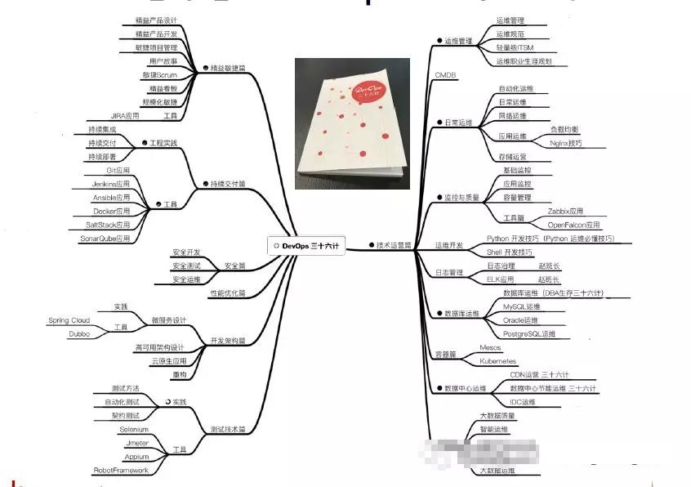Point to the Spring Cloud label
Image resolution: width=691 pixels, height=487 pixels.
click(69, 320)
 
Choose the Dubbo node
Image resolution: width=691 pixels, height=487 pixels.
click(78, 333)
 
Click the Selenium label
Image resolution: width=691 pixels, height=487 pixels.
click(133, 428)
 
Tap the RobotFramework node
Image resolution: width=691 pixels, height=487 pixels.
click(120, 470)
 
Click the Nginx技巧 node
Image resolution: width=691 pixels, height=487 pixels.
click(565, 143)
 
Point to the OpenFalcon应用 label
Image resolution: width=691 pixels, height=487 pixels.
click(573, 224)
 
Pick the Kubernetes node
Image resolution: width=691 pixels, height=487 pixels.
click(497, 360)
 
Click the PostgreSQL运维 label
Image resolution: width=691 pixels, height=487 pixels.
click(528, 333)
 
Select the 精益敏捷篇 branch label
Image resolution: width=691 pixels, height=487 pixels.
click(230, 68)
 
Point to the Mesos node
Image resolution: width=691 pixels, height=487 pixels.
click(490, 347)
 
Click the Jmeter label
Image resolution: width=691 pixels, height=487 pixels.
click(137, 442)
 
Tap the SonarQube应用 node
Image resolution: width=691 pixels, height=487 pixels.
click(105, 238)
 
